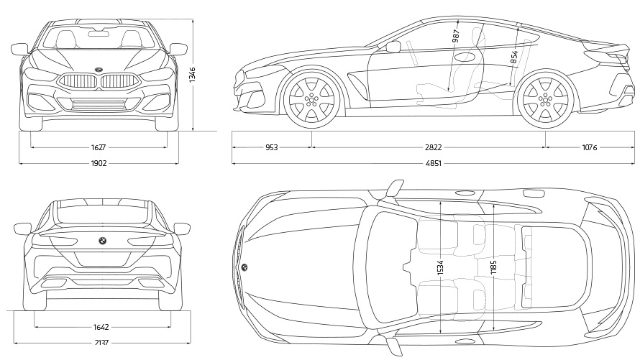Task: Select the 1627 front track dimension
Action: [99, 147]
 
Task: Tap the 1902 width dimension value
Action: [99, 163]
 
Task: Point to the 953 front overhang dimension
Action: [271, 147]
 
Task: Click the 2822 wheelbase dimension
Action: [433, 147]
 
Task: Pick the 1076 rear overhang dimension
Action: [589, 147]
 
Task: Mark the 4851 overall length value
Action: [433, 163]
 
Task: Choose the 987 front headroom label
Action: [456, 37]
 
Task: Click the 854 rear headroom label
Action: [514, 57]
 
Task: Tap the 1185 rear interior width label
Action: [493, 267]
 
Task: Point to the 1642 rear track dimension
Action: [101, 326]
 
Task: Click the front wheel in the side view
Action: [311, 98]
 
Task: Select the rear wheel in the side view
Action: [546, 98]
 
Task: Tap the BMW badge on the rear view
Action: [102, 241]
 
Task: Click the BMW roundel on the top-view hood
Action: [244, 267]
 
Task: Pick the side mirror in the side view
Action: [393, 47]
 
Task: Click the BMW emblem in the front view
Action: [97, 70]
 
